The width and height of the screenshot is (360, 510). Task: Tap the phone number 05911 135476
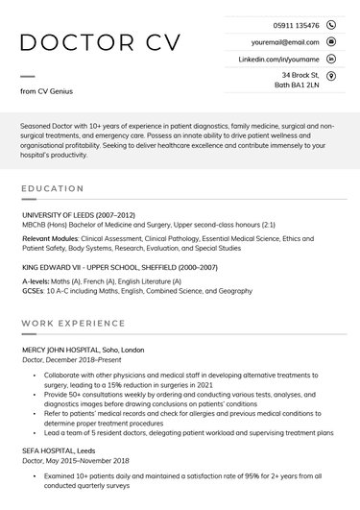point(296,25)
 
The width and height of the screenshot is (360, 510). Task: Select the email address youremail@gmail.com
point(285,42)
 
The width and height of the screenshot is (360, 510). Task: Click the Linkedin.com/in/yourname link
point(278,59)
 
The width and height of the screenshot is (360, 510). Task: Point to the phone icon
point(331,25)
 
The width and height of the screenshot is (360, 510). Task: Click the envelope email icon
point(331,42)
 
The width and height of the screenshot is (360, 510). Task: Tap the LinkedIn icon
point(331,59)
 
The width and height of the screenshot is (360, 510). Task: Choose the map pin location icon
point(331,75)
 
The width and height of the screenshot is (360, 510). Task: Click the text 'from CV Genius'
point(46,91)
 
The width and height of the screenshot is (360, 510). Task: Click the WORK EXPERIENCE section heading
point(73,324)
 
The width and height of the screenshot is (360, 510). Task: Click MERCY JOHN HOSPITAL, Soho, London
point(83,350)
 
